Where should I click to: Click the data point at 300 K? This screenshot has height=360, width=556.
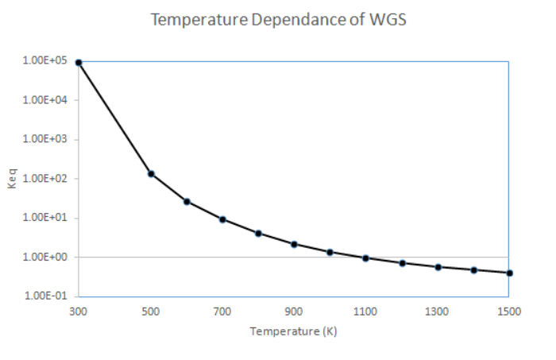tap(79, 62)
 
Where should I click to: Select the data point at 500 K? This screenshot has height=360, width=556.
tap(151, 173)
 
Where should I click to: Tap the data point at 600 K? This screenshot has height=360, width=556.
tap(187, 201)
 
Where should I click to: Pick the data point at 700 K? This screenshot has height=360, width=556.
tap(222, 219)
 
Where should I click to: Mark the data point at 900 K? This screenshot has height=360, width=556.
tap(294, 244)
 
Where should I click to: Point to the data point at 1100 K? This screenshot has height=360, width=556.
tap(365, 258)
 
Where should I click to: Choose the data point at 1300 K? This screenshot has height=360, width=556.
tap(438, 267)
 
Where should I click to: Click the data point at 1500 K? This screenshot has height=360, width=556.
tap(509, 273)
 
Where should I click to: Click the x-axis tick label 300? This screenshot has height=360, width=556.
tap(79, 312)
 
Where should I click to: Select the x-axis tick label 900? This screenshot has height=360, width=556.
tap(294, 312)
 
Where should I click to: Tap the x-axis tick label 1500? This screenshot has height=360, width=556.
tap(508, 312)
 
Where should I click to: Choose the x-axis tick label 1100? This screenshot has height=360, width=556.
tap(365, 312)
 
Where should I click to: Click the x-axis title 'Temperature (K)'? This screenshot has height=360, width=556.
tap(294, 331)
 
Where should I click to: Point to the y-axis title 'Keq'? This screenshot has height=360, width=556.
tap(14, 179)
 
